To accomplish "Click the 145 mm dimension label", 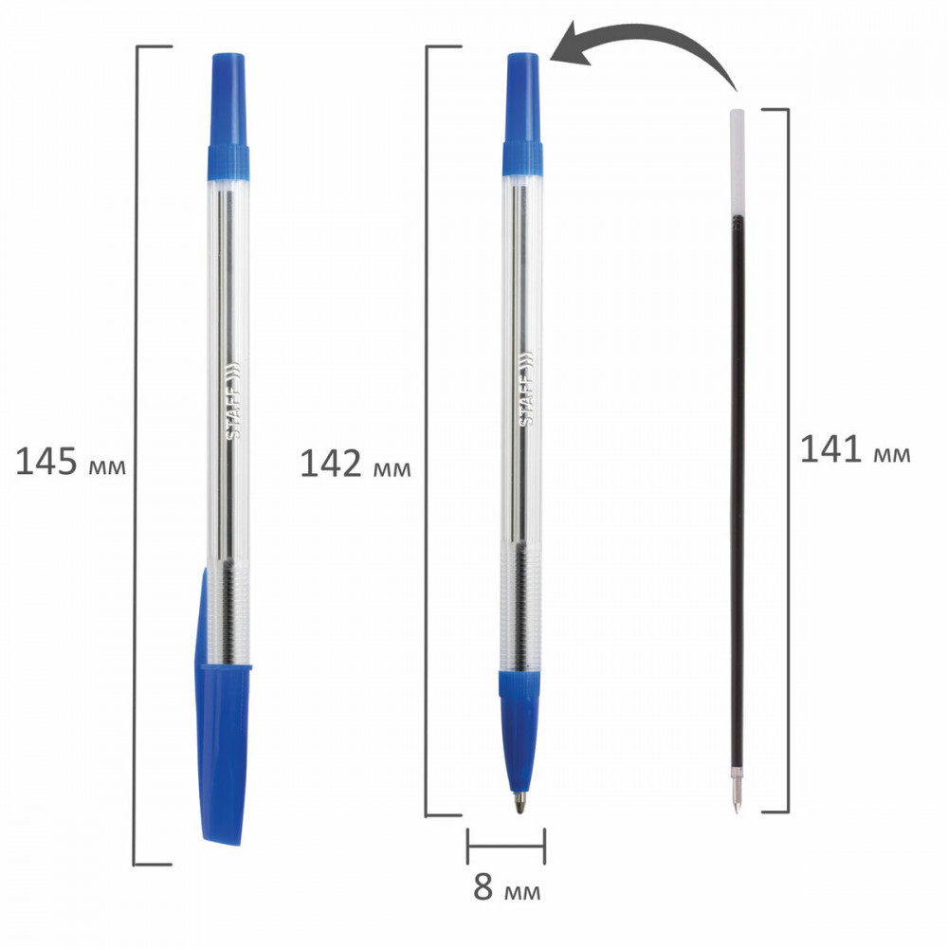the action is (71, 463).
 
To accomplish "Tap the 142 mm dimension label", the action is (355, 465).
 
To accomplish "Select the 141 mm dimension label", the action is (855, 449).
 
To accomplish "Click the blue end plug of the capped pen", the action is (228, 117).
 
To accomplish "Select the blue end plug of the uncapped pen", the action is (523, 114).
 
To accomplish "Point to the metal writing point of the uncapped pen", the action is (520, 804).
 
